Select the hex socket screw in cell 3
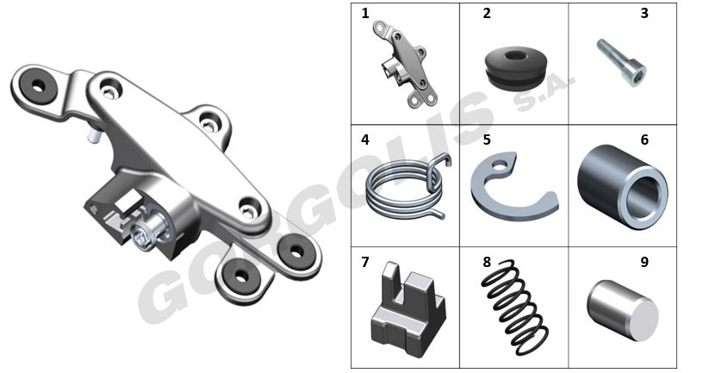pos(622,63)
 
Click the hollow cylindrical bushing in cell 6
pos(623,186)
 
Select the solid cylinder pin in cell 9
pos(623,310)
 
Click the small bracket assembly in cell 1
pos(405,65)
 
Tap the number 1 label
pos(365,14)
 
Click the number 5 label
pos(487,140)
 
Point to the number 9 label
pos(644,262)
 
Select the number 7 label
pos(365,262)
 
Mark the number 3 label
pos(644,14)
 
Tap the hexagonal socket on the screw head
pos(638,73)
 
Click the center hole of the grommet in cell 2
pos(517,57)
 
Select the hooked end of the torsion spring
pos(442,161)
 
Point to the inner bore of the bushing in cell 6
pos(644,196)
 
